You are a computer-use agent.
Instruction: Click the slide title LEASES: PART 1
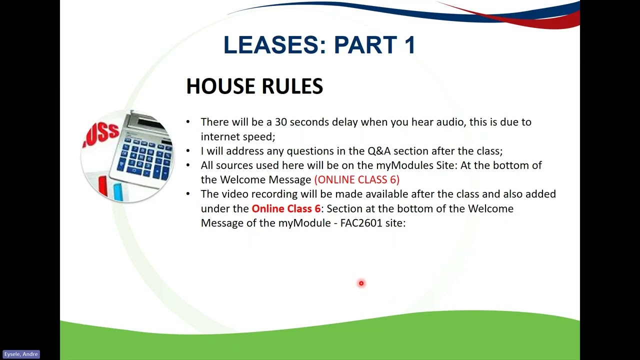(319, 45)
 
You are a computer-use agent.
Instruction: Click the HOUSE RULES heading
(254, 86)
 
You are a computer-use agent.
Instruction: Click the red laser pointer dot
(361, 283)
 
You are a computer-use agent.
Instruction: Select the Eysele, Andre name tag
(20, 354)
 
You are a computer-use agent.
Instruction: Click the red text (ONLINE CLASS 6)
(356, 179)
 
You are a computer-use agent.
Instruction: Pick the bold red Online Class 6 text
(285, 208)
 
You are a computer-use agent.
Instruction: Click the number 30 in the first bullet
(280, 122)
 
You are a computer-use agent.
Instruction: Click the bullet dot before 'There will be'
(188, 122)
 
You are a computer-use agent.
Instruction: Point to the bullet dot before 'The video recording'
(188, 194)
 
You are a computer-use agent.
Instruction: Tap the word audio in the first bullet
(449, 122)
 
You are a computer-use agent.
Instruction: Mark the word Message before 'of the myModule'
(222, 223)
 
